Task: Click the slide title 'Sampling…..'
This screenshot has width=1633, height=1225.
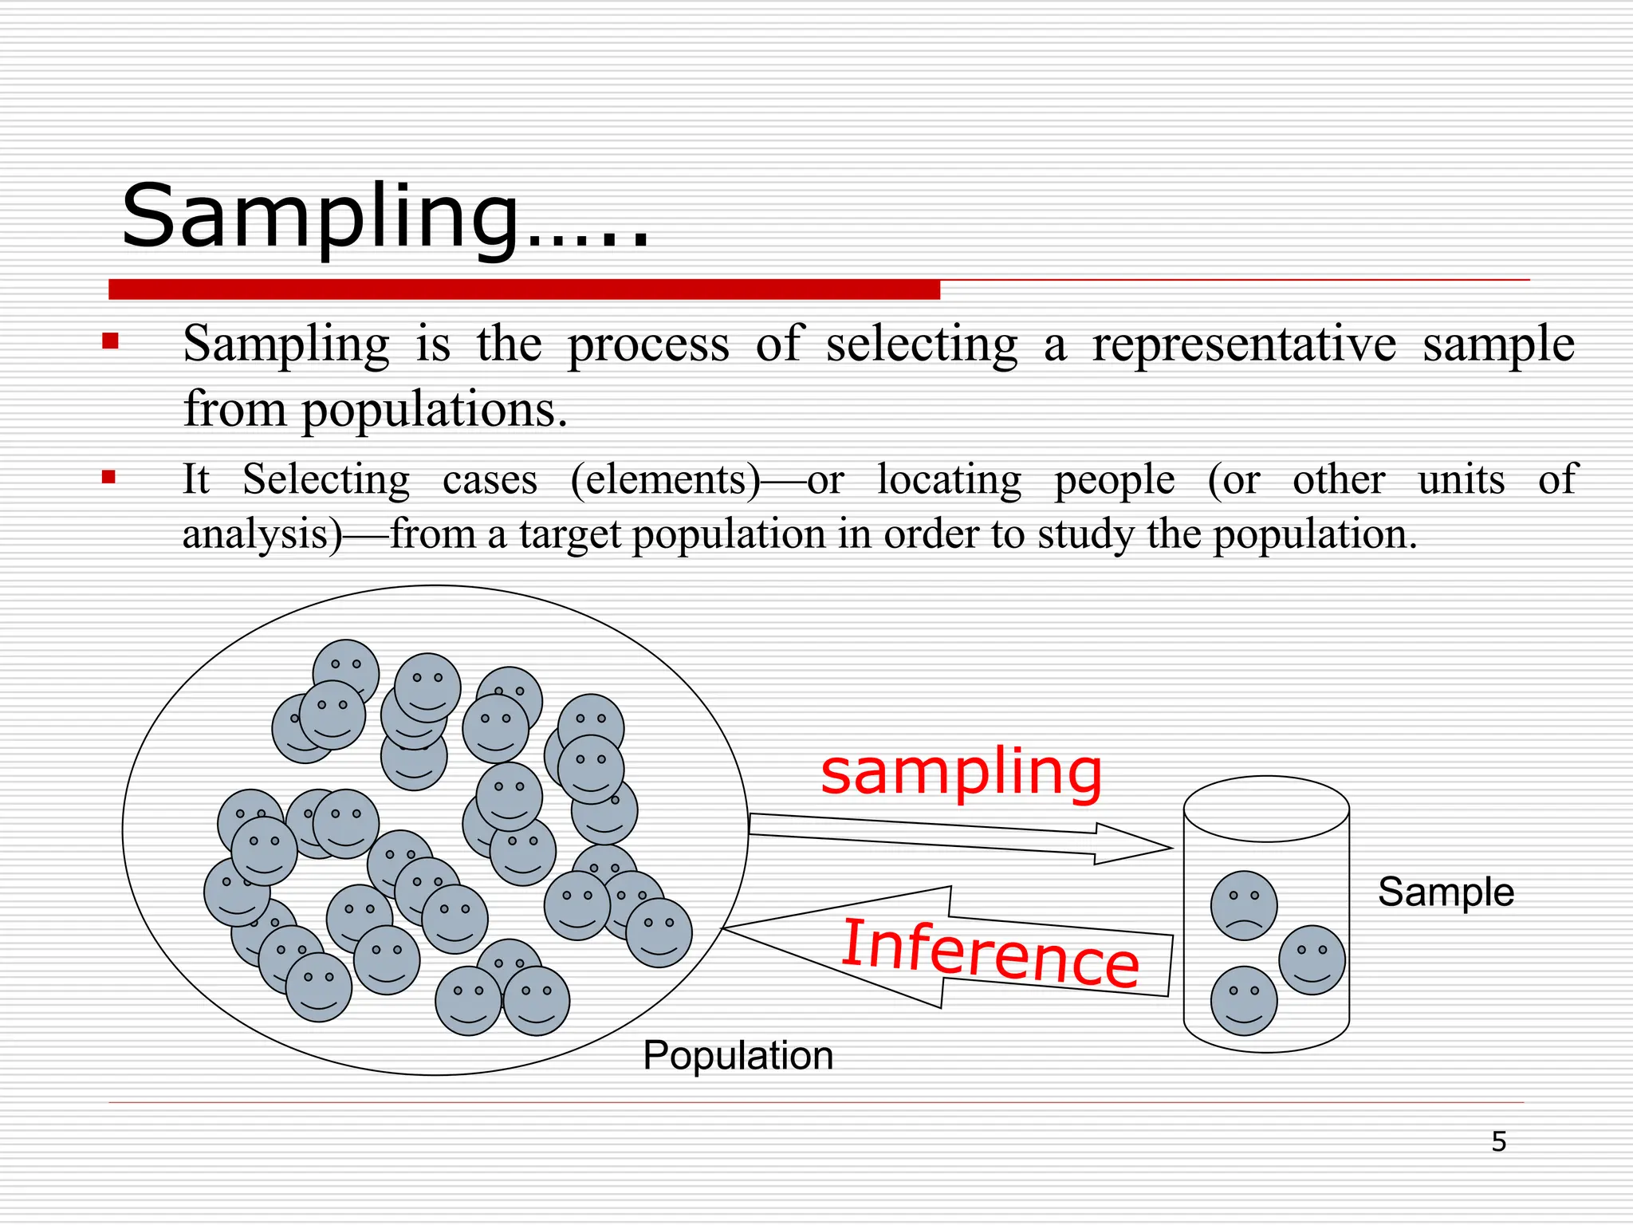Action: [x=384, y=217]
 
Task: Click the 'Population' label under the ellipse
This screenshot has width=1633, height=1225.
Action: [x=738, y=1056]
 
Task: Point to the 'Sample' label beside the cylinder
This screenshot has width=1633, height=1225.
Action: [x=1446, y=892]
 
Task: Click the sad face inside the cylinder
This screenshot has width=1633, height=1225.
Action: [x=1244, y=905]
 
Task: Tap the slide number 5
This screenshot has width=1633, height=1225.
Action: [x=1499, y=1142]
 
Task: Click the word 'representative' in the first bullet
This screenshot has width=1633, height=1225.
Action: [x=1244, y=345]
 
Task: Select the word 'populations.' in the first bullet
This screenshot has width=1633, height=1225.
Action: [x=435, y=410]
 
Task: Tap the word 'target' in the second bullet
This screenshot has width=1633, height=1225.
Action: [x=570, y=534]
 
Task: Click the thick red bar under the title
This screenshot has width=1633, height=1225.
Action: [x=524, y=290]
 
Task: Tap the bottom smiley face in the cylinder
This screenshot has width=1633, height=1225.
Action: [x=1244, y=1001]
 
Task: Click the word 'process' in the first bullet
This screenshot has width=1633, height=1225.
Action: [x=648, y=345]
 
